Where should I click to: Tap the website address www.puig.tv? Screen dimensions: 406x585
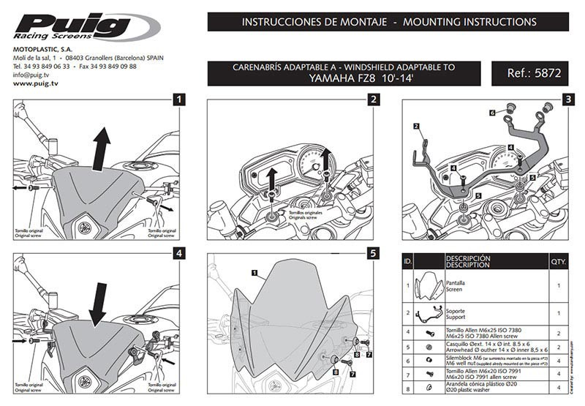(x=35, y=83)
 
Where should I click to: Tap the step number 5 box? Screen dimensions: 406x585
(x=373, y=254)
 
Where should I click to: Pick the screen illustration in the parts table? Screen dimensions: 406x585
(x=427, y=285)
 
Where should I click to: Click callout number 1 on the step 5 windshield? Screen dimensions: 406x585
(x=254, y=273)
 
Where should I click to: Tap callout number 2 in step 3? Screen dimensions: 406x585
(x=415, y=127)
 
